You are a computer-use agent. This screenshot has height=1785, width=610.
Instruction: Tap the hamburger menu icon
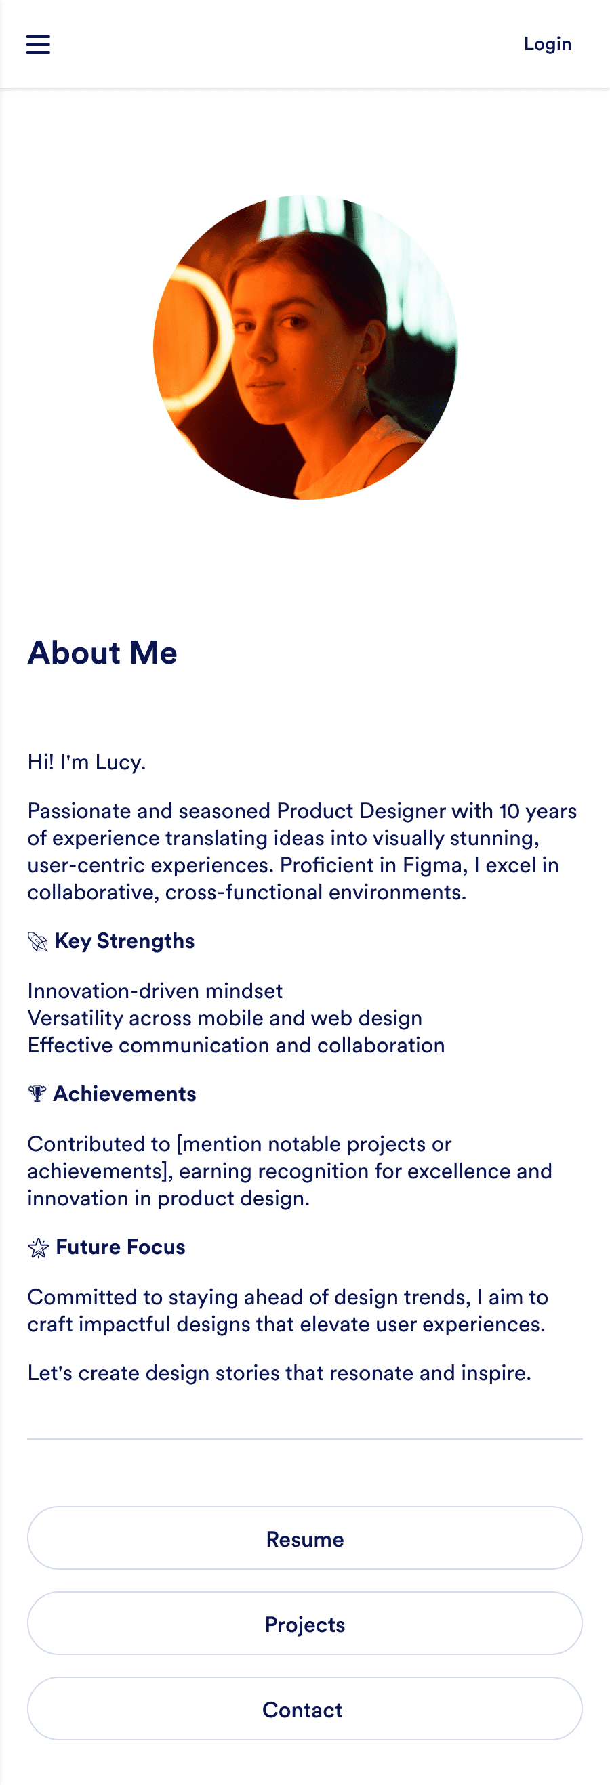pyautogui.click(x=38, y=44)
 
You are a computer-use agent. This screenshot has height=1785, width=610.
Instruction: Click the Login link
pyautogui.click(x=547, y=44)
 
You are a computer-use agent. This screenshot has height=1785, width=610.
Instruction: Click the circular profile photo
pyautogui.click(x=305, y=347)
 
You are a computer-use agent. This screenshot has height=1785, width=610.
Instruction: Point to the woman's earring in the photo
pyautogui.click(x=360, y=369)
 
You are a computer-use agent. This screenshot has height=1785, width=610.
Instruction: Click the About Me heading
pyautogui.click(x=102, y=653)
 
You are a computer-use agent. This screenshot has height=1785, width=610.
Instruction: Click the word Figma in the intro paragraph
pyautogui.click(x=434, y=865)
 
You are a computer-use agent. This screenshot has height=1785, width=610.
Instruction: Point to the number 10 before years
pyautogui.click(x=509, y=811)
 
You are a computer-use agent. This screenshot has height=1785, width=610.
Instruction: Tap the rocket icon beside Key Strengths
pyautogui.click(x=37, y=942)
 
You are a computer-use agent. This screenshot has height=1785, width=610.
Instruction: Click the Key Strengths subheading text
pyautogui.click(x=125, y=941)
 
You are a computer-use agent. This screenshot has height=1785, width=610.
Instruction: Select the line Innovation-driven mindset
pyautogui.click(x=155, y=991)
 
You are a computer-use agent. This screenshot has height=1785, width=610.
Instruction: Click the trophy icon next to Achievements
pyautogui.click(x=37, y=1094)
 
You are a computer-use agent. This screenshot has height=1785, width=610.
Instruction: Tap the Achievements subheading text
pyautogui.click(x=125, y=1094)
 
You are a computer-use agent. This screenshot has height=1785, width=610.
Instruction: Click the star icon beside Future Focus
pyautogui.click(x=38, y=1248)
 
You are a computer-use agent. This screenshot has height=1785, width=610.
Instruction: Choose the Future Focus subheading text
pyautogui.click(x=121, y=1247)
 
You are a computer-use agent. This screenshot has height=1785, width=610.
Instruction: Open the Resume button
pyautogui.click(x=305, y=1539)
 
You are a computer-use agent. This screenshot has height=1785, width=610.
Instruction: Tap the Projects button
pyautogui.click(x=305, y=1624)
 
